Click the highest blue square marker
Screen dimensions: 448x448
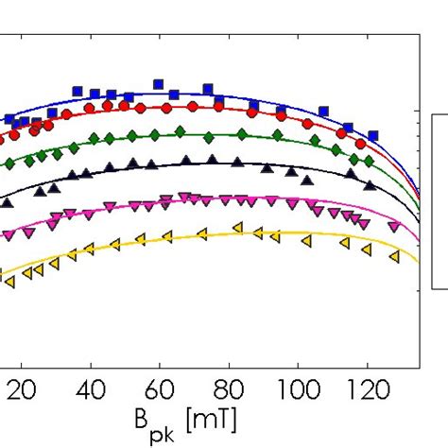pyautogui.click(x=159, y=82)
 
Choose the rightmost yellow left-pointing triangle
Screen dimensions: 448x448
pyautogui.click(x=394, y=256)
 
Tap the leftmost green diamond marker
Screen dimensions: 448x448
pyautogui.click(x=9, y=164)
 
